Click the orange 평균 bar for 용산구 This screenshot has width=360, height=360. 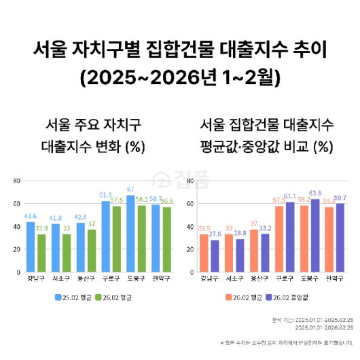click(x=254, y=251)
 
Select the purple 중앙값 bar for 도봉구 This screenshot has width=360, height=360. click(x=314, y=235)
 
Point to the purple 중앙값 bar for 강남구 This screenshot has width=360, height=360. click(x=215, y=255)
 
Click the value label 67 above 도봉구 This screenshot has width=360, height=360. click(x=130, y=190)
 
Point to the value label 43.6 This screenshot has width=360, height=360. click(x=31, y=216)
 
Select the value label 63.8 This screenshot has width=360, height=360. click(x=315, y=193)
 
